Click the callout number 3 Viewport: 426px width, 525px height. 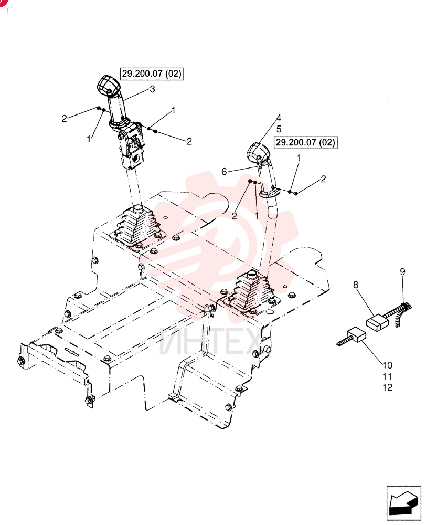click(152, 89)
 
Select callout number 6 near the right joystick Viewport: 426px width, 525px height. click(224, 172)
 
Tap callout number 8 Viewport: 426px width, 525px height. click(355, 285)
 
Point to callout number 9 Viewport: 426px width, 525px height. click(402, 271)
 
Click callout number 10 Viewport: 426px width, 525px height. click(388, 365)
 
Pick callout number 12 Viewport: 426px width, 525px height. click(388, 387)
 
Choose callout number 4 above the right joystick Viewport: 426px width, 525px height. click(279, 118)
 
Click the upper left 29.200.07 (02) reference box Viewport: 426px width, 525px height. click(152, 73)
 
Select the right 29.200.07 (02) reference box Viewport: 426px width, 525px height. click(305, 142)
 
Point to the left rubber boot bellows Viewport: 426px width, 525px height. click(137, 227)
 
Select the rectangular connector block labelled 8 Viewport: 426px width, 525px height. click(378, 322)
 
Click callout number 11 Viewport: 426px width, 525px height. click(388, 376)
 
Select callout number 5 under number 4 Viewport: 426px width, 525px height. click(279, 129)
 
